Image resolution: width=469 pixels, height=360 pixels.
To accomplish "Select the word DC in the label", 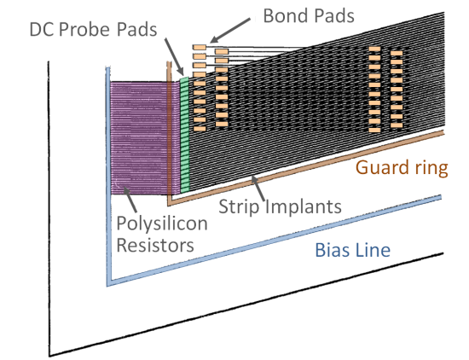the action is (42, 30).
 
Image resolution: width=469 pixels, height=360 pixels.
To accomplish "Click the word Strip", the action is (239, 207).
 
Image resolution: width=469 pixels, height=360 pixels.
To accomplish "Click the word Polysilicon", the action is (162, 224).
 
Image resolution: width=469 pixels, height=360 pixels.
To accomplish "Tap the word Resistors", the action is (155, 245).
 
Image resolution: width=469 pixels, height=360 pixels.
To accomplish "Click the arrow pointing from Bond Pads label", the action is (230, 31).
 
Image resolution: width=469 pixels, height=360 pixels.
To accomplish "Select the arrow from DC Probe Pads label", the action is (174, 57).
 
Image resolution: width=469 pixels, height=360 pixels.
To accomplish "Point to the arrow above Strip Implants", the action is (258, 189).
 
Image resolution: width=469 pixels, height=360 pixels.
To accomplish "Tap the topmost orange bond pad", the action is (200, 47).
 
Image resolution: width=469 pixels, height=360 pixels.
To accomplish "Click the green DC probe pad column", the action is (184, 135).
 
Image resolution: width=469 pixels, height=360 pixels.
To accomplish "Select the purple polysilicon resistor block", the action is (145, 138).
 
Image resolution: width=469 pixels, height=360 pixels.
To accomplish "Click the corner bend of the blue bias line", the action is (109, 284).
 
